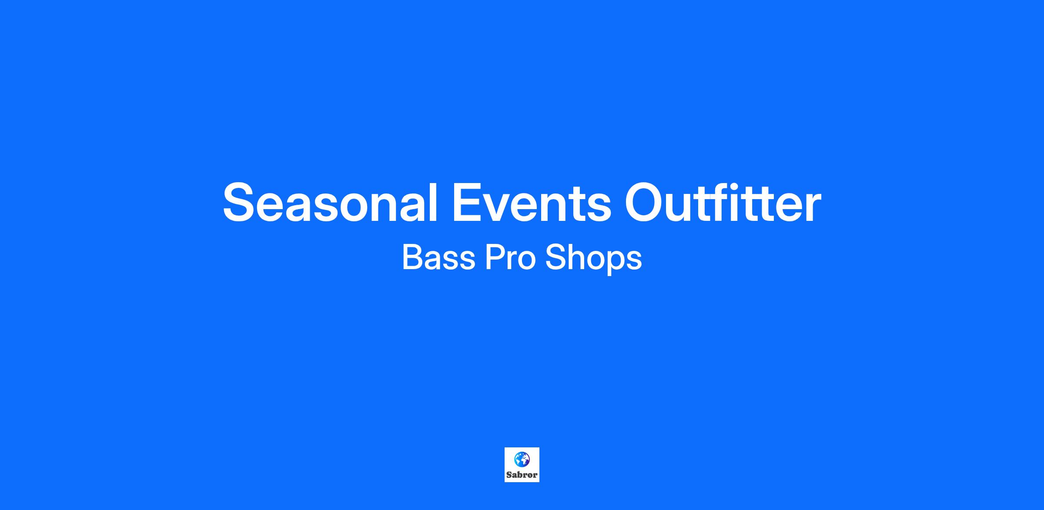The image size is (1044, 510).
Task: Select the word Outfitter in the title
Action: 723,203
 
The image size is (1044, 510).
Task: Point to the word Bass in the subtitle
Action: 438,257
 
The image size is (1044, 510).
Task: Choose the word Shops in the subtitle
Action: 594,259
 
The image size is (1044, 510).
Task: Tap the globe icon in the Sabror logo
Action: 522,459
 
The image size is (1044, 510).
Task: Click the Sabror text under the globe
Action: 522,475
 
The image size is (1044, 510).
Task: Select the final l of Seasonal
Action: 433,203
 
